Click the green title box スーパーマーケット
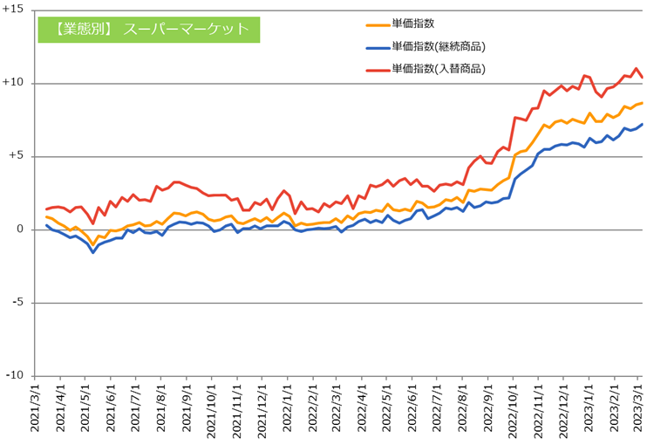click(148, 28)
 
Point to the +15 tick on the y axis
click(15, 10)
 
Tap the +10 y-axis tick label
click(15, 83)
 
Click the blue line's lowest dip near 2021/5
click(93, 252)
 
